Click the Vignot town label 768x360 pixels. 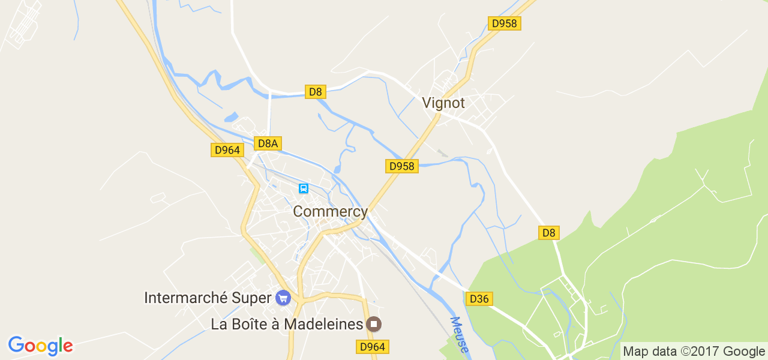coord(443,103)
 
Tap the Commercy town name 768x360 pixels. coord(330,212)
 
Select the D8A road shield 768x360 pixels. coord(268,143)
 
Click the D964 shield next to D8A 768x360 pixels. coord(227,150)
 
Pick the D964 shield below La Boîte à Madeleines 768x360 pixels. coord(373,347)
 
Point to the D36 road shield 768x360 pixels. coord(479,298)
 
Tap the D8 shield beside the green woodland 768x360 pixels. coord(548,233)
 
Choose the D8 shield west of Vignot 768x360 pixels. coord(316,92)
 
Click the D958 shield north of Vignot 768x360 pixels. coord(505,23)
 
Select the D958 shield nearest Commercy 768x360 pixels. coord(401,166)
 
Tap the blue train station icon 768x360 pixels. coord(304,189)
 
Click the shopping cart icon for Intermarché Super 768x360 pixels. coord(283,297)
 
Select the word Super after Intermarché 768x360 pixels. coord(256,298)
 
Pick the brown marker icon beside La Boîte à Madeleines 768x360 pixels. coord(374,325)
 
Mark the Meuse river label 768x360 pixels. coord(460,335)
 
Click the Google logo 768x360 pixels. coord(40,346)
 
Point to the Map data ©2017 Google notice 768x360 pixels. coord(694,352)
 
